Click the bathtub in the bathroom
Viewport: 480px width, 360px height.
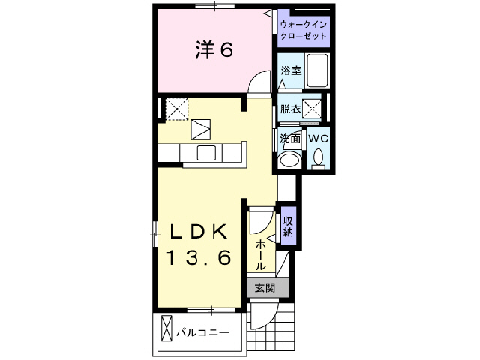pyautogui.click(x=318, y=70)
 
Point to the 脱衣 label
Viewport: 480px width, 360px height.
pyautogui.click(x=290, y=108)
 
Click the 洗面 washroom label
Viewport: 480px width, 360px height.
pyautogui.click(x=290, y=139)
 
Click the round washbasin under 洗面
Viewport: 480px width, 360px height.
pyautogui.click(x=288, y=160)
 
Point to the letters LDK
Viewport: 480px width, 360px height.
pyautogui.click(x=197, y=230)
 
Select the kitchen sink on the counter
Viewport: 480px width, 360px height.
pyautogui.click(x=206, y=153)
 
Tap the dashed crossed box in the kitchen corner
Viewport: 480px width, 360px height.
pyautogui.click(x=177, y=109)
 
